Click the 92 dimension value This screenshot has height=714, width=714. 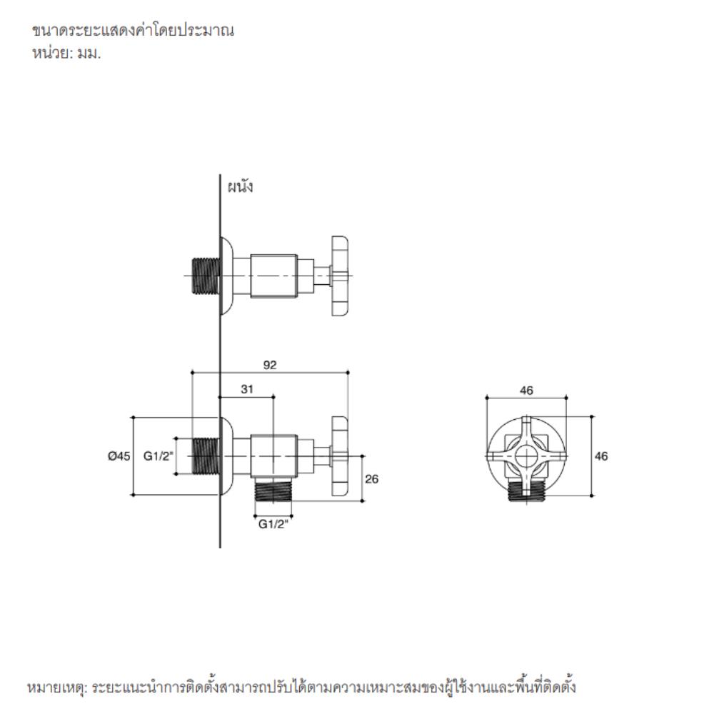coord(270,365)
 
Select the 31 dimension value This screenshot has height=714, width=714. coord(247,389)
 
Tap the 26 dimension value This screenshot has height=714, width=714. coord(371,479)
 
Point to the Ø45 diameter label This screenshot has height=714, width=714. coord(119,456)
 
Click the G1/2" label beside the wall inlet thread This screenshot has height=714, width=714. coord(159,456)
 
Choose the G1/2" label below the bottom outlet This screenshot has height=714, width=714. coord(273,524)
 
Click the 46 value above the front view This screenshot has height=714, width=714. coord(526,391)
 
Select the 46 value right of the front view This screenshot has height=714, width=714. coord(601,456)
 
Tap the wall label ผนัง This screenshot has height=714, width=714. coord(240,186)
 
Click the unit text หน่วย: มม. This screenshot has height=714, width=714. coord(66,54)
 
